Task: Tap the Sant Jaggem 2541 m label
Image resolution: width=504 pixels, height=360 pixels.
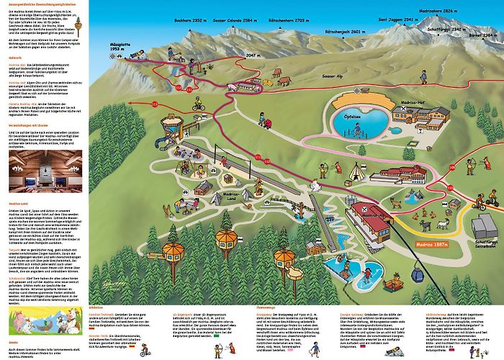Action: click(x=395, y=19)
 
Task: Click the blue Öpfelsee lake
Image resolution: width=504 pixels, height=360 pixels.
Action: click(x=356, y=115)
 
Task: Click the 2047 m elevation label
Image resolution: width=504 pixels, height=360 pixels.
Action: click(x=252, y=55)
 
